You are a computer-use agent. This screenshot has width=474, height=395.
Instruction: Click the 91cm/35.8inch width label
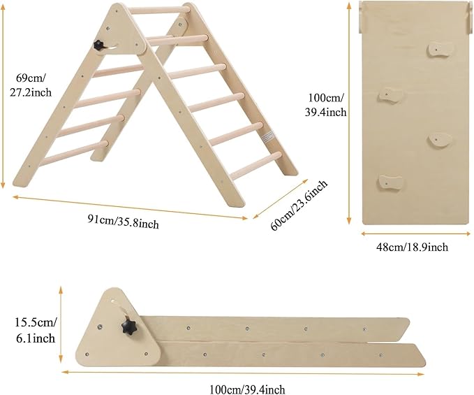point(124,223)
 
